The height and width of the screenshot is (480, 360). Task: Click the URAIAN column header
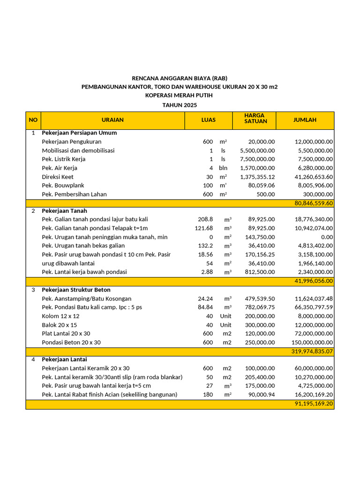pos(112,120)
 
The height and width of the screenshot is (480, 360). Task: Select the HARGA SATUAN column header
pos(255,118)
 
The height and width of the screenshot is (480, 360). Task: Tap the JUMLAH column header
pos(305,120)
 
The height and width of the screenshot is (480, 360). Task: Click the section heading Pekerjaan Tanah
pos(64,211)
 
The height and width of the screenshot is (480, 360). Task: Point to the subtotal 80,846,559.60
pos(314,203)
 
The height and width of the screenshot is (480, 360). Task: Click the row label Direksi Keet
pos(58,177)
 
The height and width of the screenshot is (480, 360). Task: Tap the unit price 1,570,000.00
pos(257,168)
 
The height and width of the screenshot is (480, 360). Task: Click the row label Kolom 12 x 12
pos(60,316)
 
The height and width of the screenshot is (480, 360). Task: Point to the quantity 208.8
pos(205,219)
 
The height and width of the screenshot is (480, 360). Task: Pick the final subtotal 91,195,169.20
pos(314,404)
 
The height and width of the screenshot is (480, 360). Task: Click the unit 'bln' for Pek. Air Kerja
pos(223,168)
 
